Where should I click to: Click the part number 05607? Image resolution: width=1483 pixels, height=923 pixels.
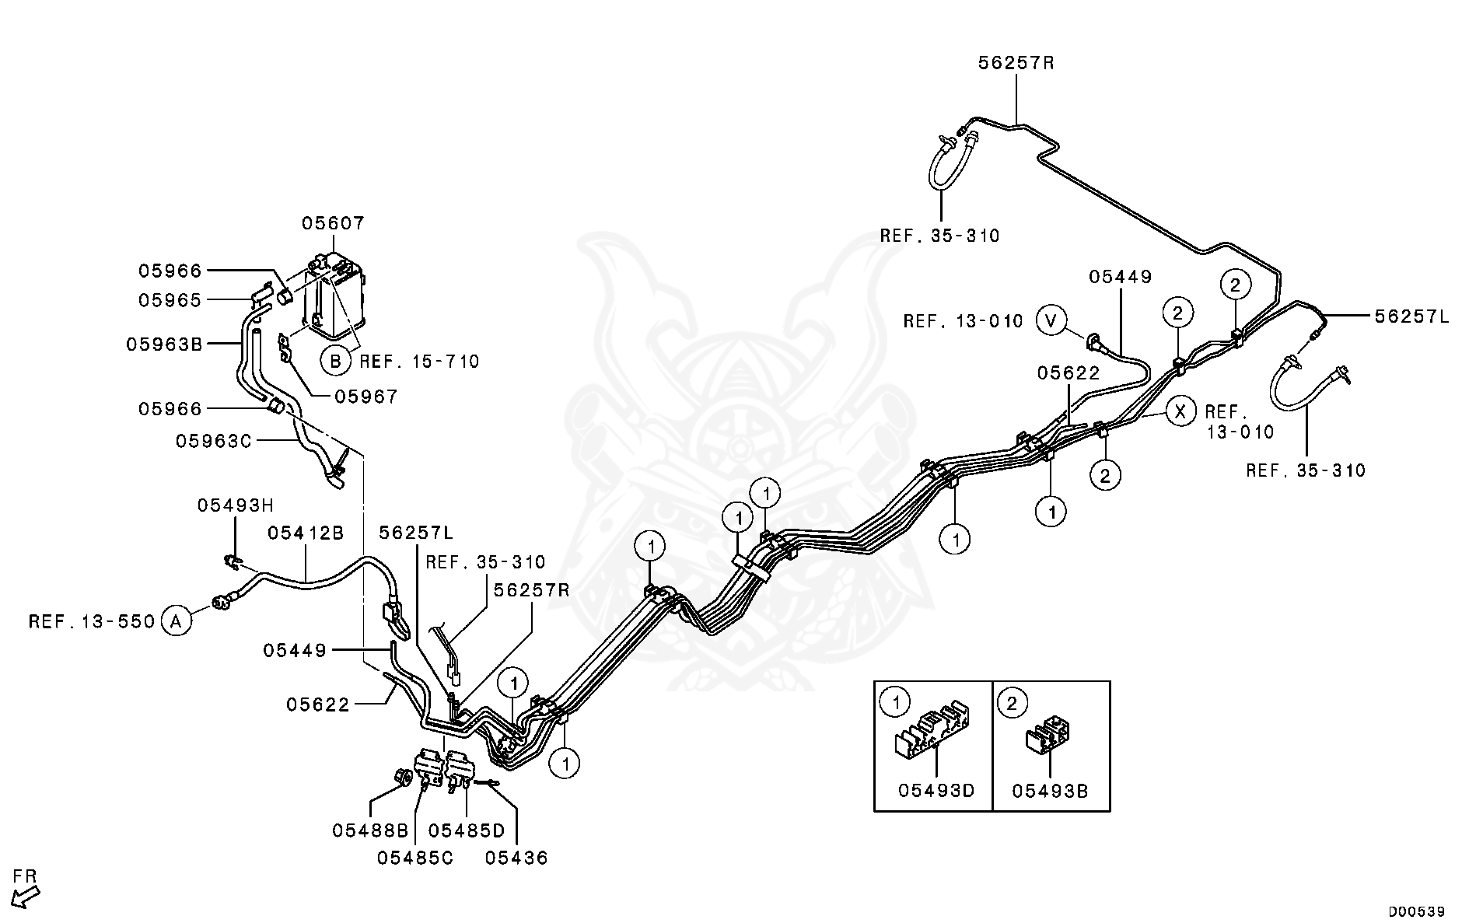click(333, 224)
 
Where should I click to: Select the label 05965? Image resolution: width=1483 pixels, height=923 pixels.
click(170, 300)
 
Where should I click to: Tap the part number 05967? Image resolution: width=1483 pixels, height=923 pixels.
click(366, 397)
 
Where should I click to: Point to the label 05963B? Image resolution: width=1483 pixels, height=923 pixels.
click(164, 344)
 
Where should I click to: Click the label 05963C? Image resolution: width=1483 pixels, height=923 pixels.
click(214, 441)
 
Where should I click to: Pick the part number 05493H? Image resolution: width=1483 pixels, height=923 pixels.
click(235, 505)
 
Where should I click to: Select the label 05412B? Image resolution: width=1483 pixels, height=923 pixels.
click(306, 533)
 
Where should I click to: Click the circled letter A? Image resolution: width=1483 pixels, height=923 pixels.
click(177, 621)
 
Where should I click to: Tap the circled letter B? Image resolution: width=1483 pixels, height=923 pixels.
click(336, 361)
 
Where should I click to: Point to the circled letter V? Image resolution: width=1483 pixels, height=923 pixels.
click(1051, 320)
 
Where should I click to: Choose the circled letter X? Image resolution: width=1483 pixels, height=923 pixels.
click(1180, 411)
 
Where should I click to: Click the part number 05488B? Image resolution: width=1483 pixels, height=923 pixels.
click(370, 830)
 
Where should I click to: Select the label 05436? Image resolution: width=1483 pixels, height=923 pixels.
click(516, 858)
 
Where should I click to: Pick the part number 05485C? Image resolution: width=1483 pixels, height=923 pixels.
click(415, 858)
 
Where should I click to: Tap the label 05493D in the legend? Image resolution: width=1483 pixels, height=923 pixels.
click(936, 790)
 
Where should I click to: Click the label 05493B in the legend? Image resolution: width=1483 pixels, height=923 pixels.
click(1050, 790)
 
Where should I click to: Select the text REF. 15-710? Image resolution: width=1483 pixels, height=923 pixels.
click(419, 362)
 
